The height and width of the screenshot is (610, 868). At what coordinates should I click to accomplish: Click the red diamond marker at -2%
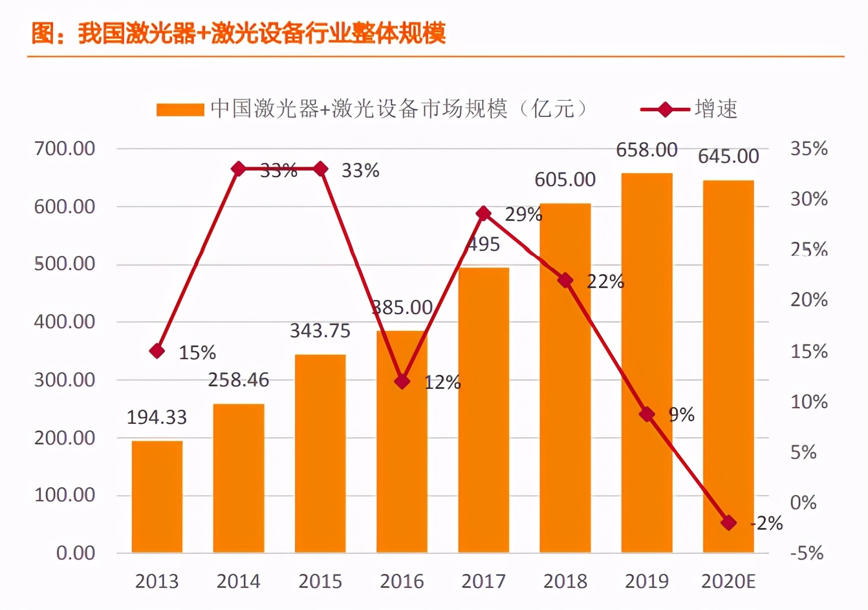point(728,523)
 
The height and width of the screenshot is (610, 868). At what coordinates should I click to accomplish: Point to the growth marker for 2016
point(402,381)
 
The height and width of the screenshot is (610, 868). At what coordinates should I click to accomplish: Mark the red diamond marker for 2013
point(157,351)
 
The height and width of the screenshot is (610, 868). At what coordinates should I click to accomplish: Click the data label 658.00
point(646,150)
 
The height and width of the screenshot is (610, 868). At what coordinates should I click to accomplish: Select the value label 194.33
point(157,417)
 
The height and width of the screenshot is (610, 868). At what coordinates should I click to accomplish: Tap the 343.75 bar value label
point(320,331)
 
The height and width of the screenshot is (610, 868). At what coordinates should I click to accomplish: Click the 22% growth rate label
point(605,282)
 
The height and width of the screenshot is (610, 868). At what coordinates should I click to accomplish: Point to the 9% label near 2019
point(682,415)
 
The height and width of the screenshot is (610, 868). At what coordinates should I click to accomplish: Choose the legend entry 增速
point(716,109)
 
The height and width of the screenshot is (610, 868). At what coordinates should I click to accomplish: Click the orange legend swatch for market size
point(180,110)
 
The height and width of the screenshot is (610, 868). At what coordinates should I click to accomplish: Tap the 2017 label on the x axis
point(483,582)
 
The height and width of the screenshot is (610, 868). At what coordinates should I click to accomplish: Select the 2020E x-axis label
point(728,582)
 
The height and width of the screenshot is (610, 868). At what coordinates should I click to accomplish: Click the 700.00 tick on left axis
point(65,149)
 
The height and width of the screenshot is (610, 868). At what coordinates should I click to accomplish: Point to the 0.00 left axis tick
point(76,553)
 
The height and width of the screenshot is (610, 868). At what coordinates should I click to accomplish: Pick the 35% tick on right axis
point(808,149)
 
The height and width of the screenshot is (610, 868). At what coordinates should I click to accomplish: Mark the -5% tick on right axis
point(807,553)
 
